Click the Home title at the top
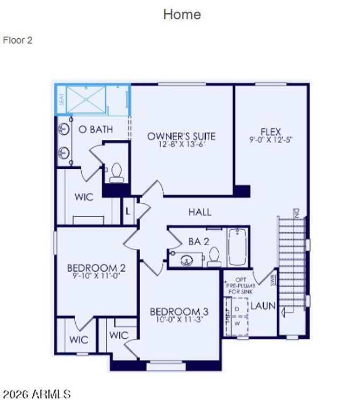tap(182, 15)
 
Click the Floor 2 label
tap(18, 40)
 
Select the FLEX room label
tap(271, 131)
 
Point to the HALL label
tap(199, 212)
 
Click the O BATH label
tap(96, 130)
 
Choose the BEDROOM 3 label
tap(179, 311)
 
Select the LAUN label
tap(263, 306)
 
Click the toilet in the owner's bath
tap(116, 172)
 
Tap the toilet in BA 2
tap(214, 257)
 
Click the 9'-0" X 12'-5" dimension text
tap(271, 139)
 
